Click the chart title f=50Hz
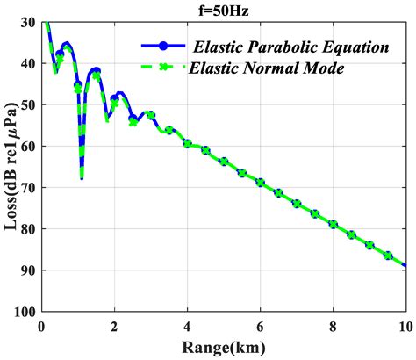(x=223, y=9)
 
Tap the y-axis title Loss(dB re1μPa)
(x=11, y=166)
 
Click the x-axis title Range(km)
(x=223, y=348)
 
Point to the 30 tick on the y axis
(x=29, y=23)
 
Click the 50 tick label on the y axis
(x=29, y=105)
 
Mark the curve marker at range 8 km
(x=333, y=224)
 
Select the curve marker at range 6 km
(x=260, y=183)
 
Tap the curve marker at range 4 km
(x=187, y=143)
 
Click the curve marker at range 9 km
(x=369, y=245)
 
